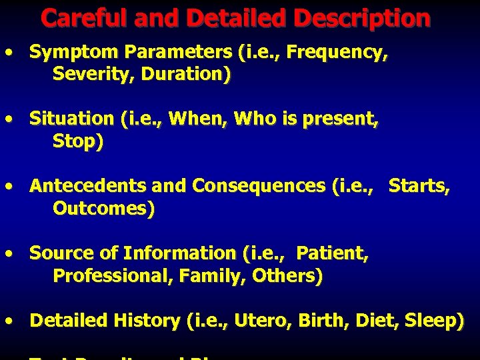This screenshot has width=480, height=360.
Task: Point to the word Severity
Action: click(85, 75)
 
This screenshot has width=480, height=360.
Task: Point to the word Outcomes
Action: click(103, 209)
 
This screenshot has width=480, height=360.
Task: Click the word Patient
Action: click(332, 253)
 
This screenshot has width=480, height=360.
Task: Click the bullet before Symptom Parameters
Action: click(8, 53)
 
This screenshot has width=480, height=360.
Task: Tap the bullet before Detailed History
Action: click(8, 321)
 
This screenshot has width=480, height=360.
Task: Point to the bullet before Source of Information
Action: click(8, 253)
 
